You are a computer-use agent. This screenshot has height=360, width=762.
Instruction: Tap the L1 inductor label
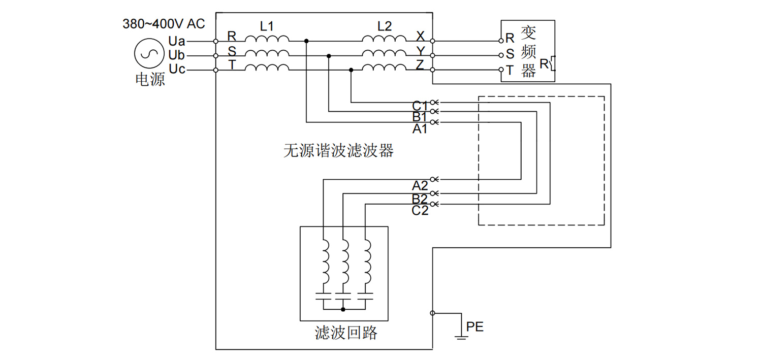[x=267, y=26]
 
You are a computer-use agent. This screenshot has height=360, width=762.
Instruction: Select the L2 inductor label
[x=385, y=26]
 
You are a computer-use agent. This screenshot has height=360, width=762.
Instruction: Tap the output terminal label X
[x=420, y=36]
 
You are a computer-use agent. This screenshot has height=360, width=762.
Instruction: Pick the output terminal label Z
[x=420, y=64]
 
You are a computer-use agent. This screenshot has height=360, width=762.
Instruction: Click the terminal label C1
[x=420, y=106]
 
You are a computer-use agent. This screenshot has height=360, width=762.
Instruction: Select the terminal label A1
[x=420, y=129]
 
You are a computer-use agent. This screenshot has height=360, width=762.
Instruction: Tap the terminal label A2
[x=420, y=185]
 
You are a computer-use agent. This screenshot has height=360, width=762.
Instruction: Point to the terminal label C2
[x=420, y=210]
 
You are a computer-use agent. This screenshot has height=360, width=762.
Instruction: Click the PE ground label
[x=475, y=327]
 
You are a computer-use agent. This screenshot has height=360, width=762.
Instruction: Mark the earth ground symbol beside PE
[x=461, y=336]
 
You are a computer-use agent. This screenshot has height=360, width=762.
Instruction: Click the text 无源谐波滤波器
[x=338, y=151]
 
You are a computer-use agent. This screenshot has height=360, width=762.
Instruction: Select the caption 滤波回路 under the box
[x=346, y=333]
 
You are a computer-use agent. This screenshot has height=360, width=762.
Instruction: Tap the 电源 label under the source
[x=150, y=80]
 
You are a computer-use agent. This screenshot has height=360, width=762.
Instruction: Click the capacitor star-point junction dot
[x=343, y=309]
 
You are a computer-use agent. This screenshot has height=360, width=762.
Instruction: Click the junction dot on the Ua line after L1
[x=306, y=41]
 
